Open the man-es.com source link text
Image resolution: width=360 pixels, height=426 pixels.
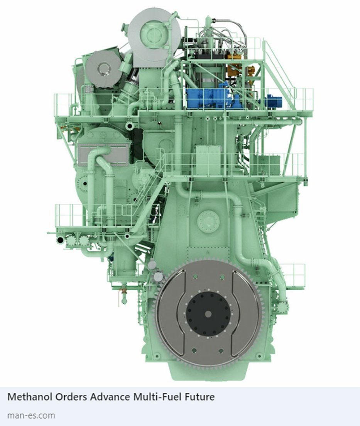(31, 416)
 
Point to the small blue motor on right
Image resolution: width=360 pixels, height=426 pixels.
(274, 101)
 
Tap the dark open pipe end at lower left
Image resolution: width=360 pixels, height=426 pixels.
(60, 241)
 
